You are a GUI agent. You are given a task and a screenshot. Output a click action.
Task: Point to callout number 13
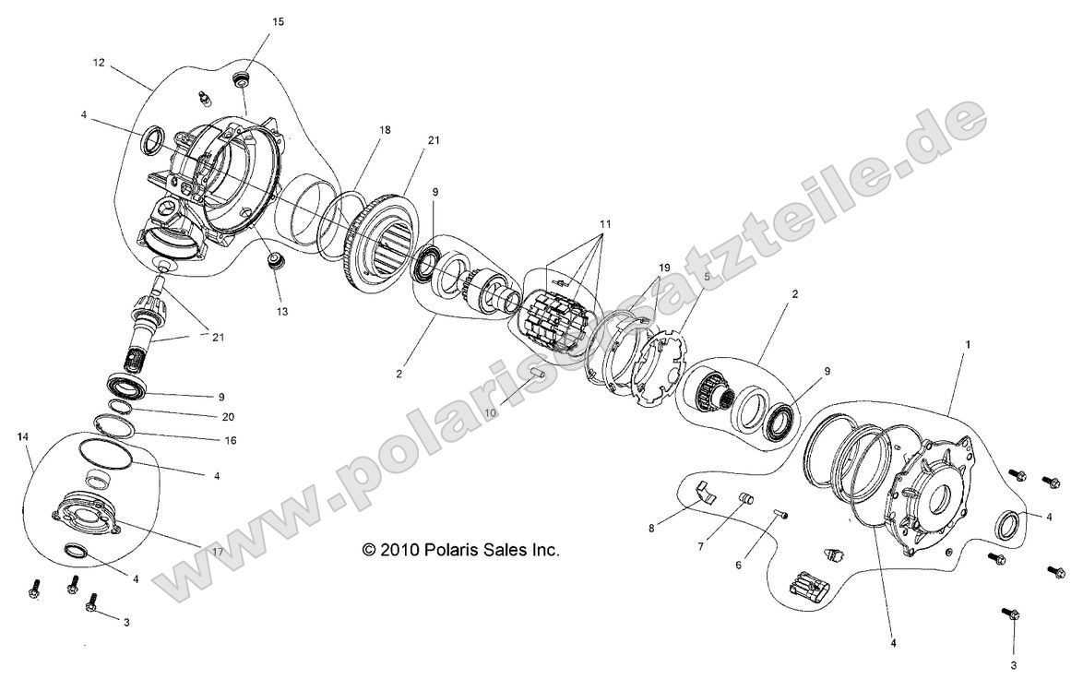point(281,312)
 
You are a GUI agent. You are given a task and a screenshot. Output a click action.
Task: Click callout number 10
point(490,412)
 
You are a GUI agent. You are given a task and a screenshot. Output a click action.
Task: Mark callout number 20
point(229,417)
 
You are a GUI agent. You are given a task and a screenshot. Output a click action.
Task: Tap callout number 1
point(968,344)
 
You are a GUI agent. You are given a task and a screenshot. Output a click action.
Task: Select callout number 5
point(707,276)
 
